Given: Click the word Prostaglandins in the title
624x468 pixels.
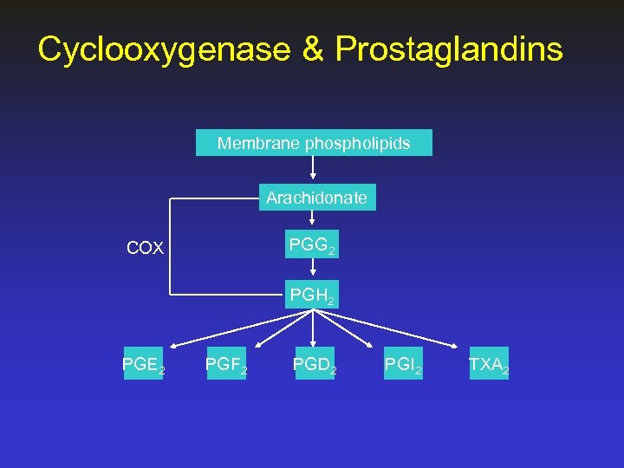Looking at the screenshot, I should pyautogui.click(x=449, y=49).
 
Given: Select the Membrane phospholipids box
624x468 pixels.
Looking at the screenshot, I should pyautogui.click(x=314, y=143).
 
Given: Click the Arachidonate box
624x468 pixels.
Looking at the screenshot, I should pyautogui.click(x=316, y=198).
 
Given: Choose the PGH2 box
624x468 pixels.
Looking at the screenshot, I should pyautogui.click(x=312, y=296).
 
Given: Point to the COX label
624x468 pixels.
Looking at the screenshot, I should pyautogui.click(x=145, y=249).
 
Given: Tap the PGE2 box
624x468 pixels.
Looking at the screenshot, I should pyautogui.click(x=143, y=365).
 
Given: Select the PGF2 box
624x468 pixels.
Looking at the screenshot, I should pyautogui.click(x=225, y=365).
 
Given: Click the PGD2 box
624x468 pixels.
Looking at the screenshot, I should pyautogui.click(x=314, y=365).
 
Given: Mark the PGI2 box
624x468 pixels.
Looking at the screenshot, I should pyautogui.click(x=404, y=365).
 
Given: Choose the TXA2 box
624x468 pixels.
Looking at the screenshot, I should pyautogui.click(x=488, y=365).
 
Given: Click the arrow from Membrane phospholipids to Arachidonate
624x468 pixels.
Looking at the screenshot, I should pyautogui.click(x=313, y=170).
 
